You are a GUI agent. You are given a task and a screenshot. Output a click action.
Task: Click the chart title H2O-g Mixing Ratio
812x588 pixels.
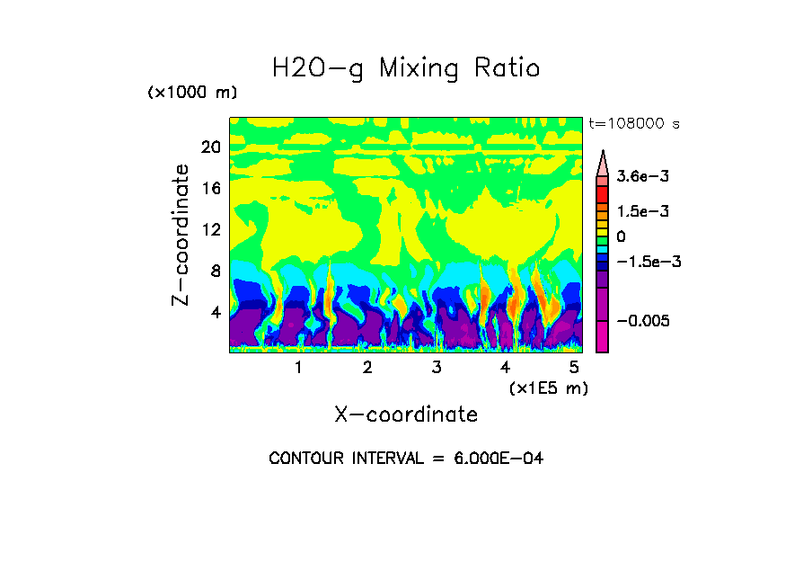pyautogui.click(x=406, y=68)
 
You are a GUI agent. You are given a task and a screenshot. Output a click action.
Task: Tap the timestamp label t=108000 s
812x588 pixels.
pyautogui.click(x=633, y=123)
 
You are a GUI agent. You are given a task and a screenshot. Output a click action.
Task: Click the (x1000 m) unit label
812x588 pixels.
pyautogui.click(x=191, y=94)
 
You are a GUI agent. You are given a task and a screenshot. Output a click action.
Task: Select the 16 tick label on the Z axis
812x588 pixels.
pyautogui.click(x=210, y=188)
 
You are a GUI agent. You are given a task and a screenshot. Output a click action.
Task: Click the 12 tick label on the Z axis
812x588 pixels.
pyautogui.click(x=210, y=229)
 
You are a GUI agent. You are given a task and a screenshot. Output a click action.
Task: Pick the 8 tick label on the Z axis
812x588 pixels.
pyautogui.click(x=215, y=271)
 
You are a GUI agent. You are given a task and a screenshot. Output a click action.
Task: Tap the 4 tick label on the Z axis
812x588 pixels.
pyautogui.click(x=215, y=313)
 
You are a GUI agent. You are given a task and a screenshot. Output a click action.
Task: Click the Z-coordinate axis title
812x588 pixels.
pyautogui.click(x=181, y=235)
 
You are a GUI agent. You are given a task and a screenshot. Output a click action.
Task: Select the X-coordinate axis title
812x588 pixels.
pyautogui.click(x=406, y=414)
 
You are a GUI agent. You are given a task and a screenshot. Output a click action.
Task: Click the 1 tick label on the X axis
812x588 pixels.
pyautogui.click(x=298, y=368)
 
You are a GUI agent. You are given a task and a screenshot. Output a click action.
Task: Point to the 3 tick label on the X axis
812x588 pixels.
pyautogui.click(x=437, y=368)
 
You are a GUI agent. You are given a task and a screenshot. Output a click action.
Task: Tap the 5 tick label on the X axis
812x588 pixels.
pyautogui.click(x=574, y=368)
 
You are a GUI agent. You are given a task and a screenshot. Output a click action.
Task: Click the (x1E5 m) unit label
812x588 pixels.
pyautogui.click(x=549, y=388)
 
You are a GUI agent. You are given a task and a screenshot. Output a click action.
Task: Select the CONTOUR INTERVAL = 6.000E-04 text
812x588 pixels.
pyautogui.click(x=406, y=459)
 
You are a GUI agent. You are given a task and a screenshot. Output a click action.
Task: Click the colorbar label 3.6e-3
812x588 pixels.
pyautogui.click(x=639, y=178)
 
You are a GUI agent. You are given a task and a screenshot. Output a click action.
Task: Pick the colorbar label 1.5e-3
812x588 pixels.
pyautogui.click(x=639, y=211)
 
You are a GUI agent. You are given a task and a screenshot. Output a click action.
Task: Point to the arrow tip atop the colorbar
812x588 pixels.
pyautogui.click(x=603, y=153)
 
